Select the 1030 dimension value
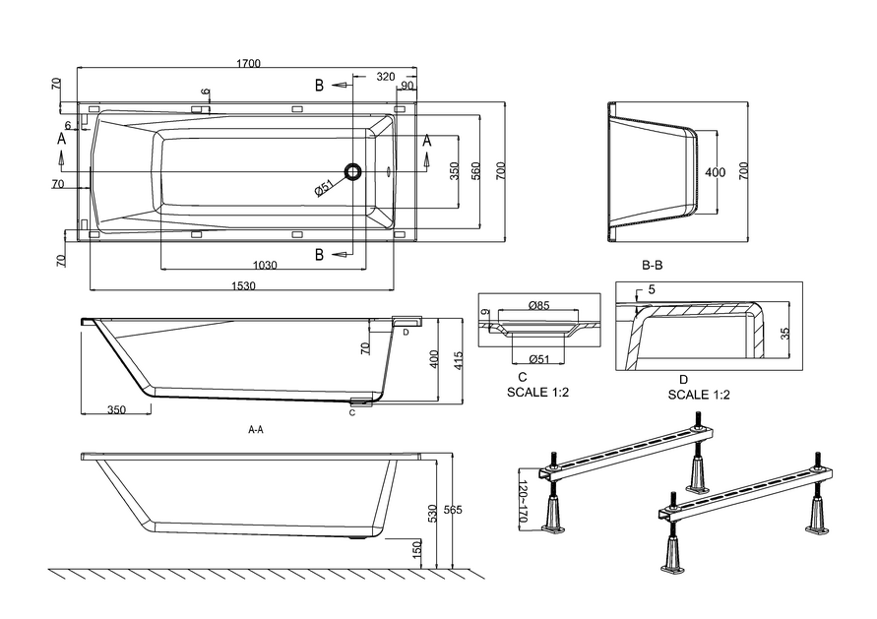(264, 265)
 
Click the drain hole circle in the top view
(352, 172)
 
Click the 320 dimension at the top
(385, 76)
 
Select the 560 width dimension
(475, 171)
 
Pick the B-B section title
(652, 266)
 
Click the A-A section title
(256, 430)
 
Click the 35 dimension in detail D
(784, 334)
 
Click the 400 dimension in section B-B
(716, 172)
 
